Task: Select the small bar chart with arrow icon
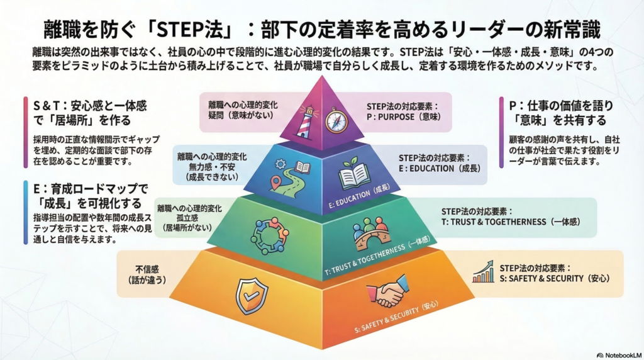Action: [x=483, y=273]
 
